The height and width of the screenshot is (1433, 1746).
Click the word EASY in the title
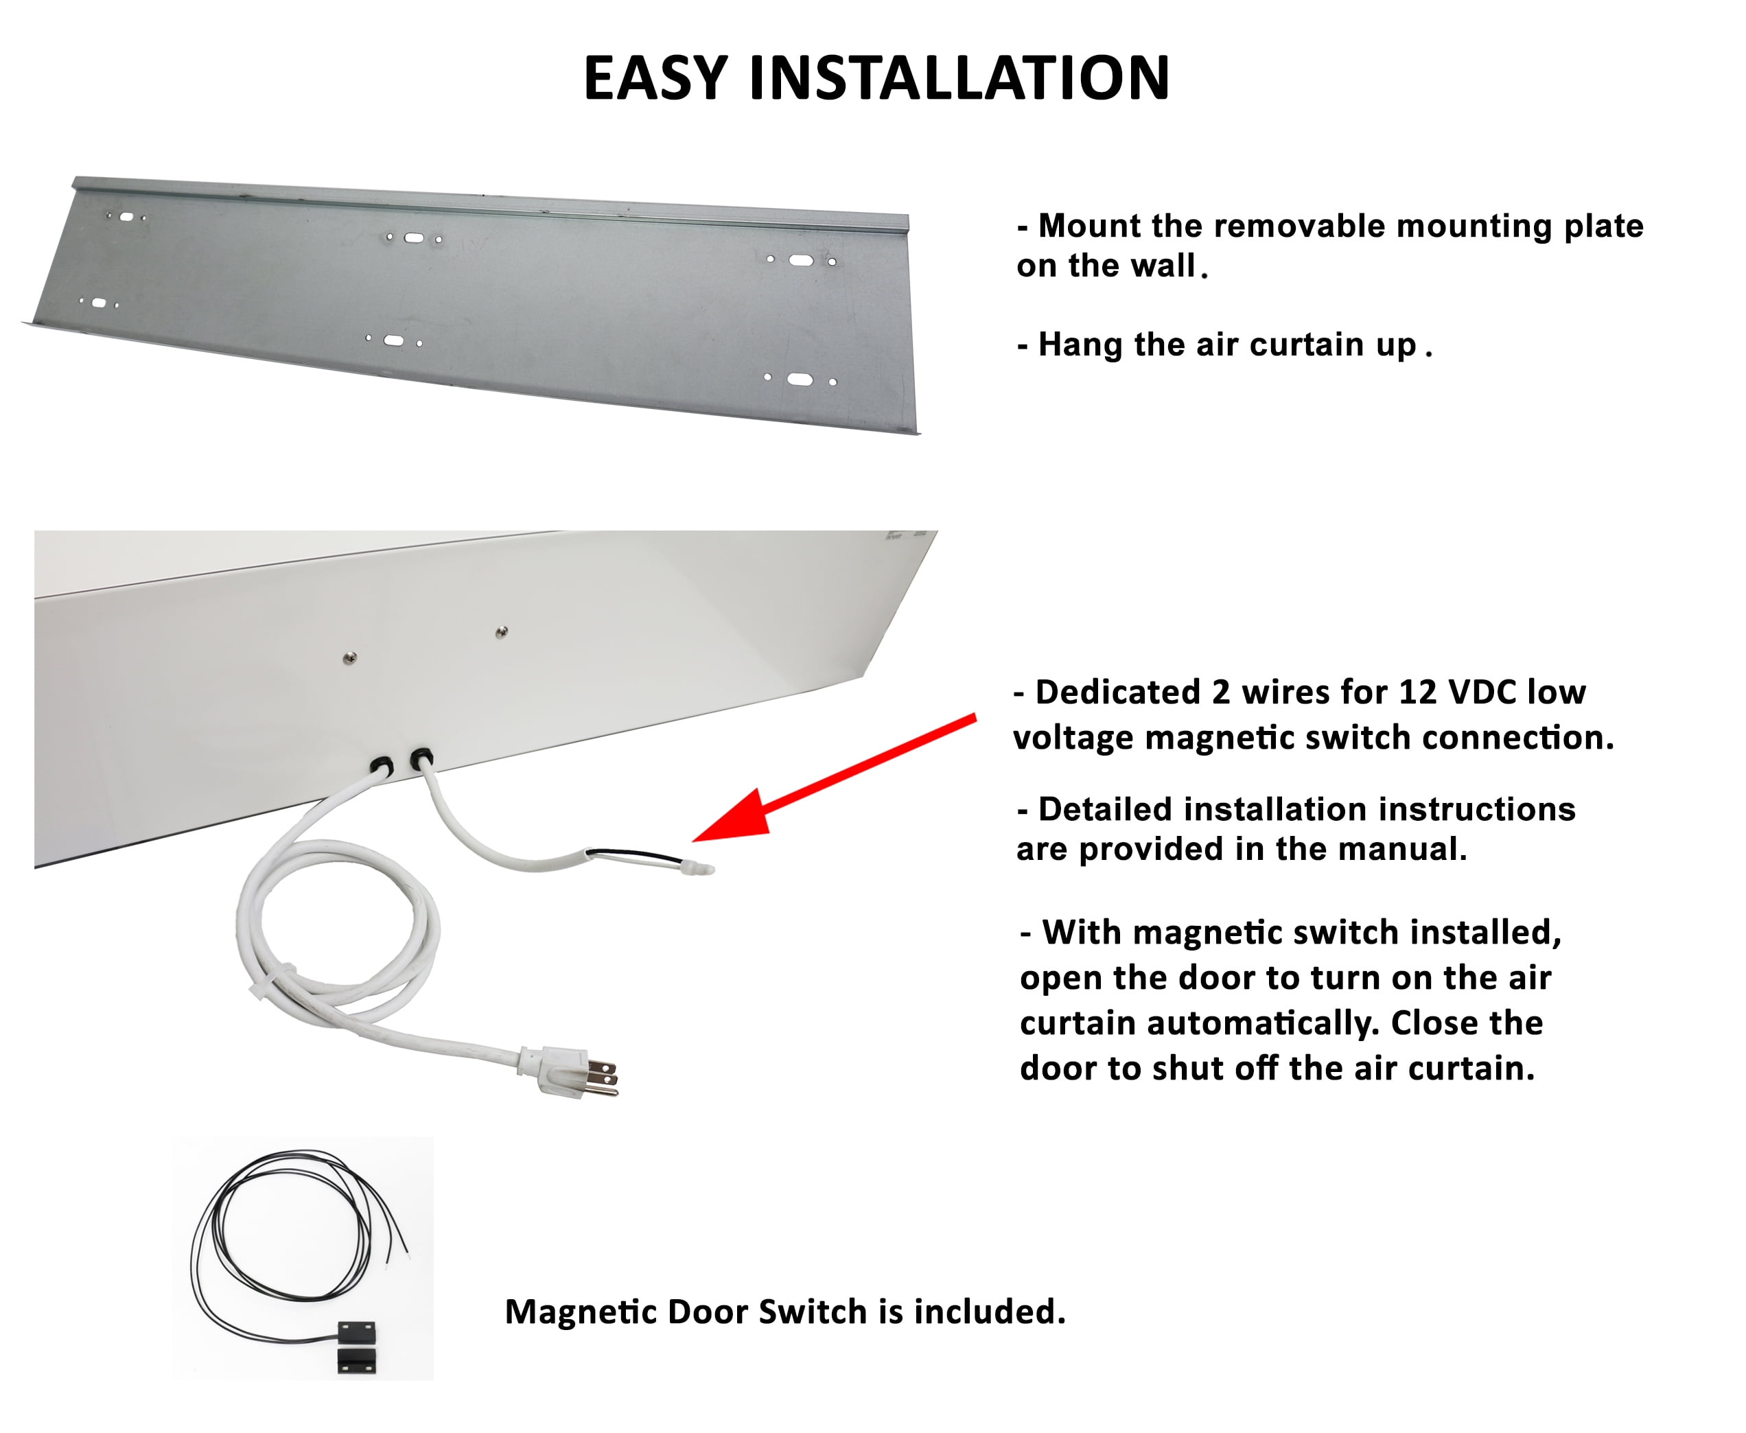[655, 78]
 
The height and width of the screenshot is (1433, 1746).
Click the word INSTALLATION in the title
[958, 78]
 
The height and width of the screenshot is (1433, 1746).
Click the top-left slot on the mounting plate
[127, 217]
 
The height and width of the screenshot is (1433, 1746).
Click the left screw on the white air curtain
[350, 658]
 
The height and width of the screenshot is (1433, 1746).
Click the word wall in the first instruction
[1164, 266]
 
